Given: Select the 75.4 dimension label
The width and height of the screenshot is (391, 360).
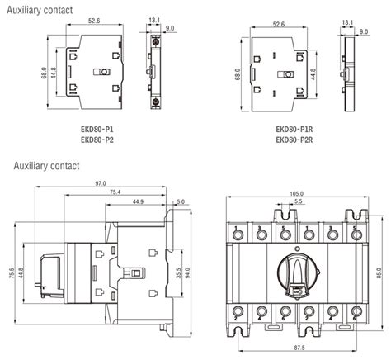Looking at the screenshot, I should coord(115,192).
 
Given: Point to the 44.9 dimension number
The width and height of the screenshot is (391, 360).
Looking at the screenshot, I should coord(136,201).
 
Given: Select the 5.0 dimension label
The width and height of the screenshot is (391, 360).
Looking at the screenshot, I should coord(181,201).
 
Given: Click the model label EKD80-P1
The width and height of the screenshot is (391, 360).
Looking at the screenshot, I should coord(97,129).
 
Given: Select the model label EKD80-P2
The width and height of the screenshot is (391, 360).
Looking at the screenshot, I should coord(97,139).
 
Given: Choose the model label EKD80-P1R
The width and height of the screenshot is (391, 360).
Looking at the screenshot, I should coord(294,129).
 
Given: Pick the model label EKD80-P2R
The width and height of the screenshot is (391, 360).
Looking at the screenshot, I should coord(294,139).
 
